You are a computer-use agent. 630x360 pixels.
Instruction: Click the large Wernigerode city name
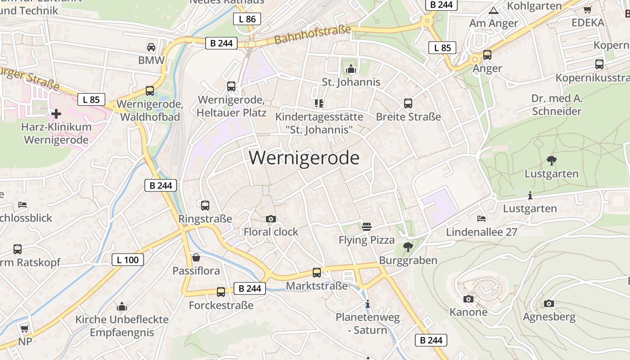tap(304, 158)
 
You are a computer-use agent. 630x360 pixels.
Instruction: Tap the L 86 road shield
tap(247, 19)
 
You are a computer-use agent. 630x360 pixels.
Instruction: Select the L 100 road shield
tap(128, 260)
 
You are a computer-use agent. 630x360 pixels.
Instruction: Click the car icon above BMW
tap(151, 47)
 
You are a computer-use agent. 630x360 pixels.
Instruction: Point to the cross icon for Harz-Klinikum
tap(56, 113)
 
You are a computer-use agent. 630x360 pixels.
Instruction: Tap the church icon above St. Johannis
tap(351, 69)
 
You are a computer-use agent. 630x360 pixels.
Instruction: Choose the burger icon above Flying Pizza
tap(367, 226)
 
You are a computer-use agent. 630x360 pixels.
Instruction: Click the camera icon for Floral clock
tap(271, 219)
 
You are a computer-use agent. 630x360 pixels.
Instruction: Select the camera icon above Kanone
tap(468, 299)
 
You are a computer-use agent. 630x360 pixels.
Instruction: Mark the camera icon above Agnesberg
tap(549, 303)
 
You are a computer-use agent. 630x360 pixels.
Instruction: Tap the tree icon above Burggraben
tap(408, 247)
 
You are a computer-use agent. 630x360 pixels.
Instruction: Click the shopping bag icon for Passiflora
tap(196, 257)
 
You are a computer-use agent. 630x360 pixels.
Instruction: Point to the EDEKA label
tap(588, 22)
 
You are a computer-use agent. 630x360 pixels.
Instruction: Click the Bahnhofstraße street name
tap(312, 35)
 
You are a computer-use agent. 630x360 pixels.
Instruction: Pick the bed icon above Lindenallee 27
tap(481, 219)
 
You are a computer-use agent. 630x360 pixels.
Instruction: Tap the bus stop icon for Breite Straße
tap(408, 103)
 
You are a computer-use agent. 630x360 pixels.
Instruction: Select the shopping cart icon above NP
tap(25, 328)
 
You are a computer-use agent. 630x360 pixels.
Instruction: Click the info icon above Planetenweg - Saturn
tap(368, 304)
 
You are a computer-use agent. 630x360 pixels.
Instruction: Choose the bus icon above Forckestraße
tap(221, 292)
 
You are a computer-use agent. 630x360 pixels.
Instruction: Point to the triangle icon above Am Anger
tap(494, 10)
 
